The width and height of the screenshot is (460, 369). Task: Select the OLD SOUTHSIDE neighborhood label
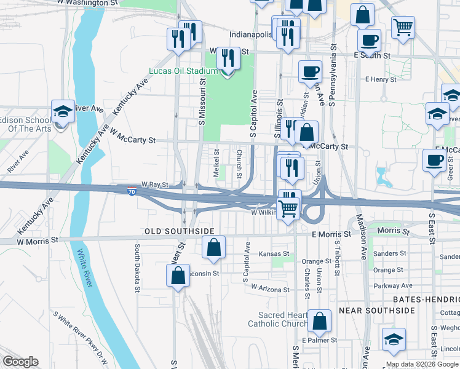point(179,231)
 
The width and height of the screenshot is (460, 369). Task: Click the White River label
point(85,268)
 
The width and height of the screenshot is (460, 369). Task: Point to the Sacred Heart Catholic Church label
point(277,319)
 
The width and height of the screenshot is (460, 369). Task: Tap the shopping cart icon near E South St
point(403,26)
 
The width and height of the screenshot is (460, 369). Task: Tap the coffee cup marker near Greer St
point(434,160)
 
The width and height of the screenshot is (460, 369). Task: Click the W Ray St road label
point(154,184)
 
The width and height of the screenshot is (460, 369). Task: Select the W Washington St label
point(87,3)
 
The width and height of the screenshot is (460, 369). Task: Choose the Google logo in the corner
point(20,362)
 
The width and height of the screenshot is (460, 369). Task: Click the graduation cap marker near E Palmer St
point(394,339)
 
